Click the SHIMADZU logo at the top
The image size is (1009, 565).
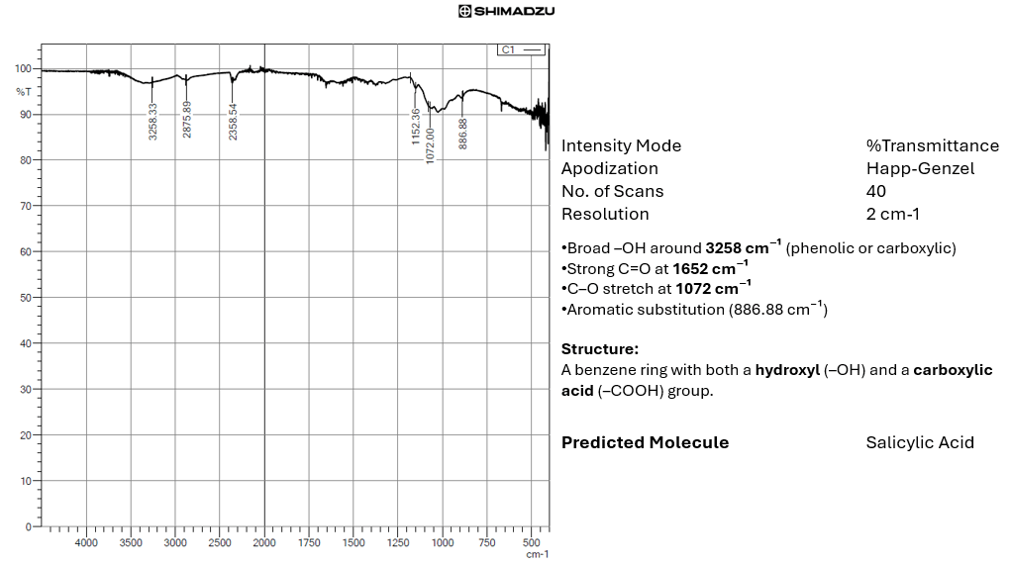(x=506, y=11)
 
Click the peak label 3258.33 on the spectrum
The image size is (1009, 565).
(x=153, y=122)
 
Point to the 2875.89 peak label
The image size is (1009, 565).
(x=187, y=120)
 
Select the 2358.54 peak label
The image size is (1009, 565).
(x=234, y=122)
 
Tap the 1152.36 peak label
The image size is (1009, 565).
(x=417, y=127)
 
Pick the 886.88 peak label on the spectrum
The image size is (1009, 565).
(x=462, y=133)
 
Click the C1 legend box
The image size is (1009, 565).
(x=523, y=49)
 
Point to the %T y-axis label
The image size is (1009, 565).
(x=24, y=91)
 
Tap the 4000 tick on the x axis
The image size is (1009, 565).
(x=87, y=543)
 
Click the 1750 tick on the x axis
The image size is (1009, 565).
(x=309, y=543)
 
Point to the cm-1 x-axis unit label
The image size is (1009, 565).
(x=537, y=555)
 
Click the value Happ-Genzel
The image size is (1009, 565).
(x=920, y=168)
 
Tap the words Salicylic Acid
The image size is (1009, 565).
(x=920, y=442)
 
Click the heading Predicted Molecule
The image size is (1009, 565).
(x=645, y=442)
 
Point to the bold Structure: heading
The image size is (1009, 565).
(x=600, y=349)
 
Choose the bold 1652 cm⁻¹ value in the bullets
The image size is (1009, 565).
(x=710, y=268)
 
